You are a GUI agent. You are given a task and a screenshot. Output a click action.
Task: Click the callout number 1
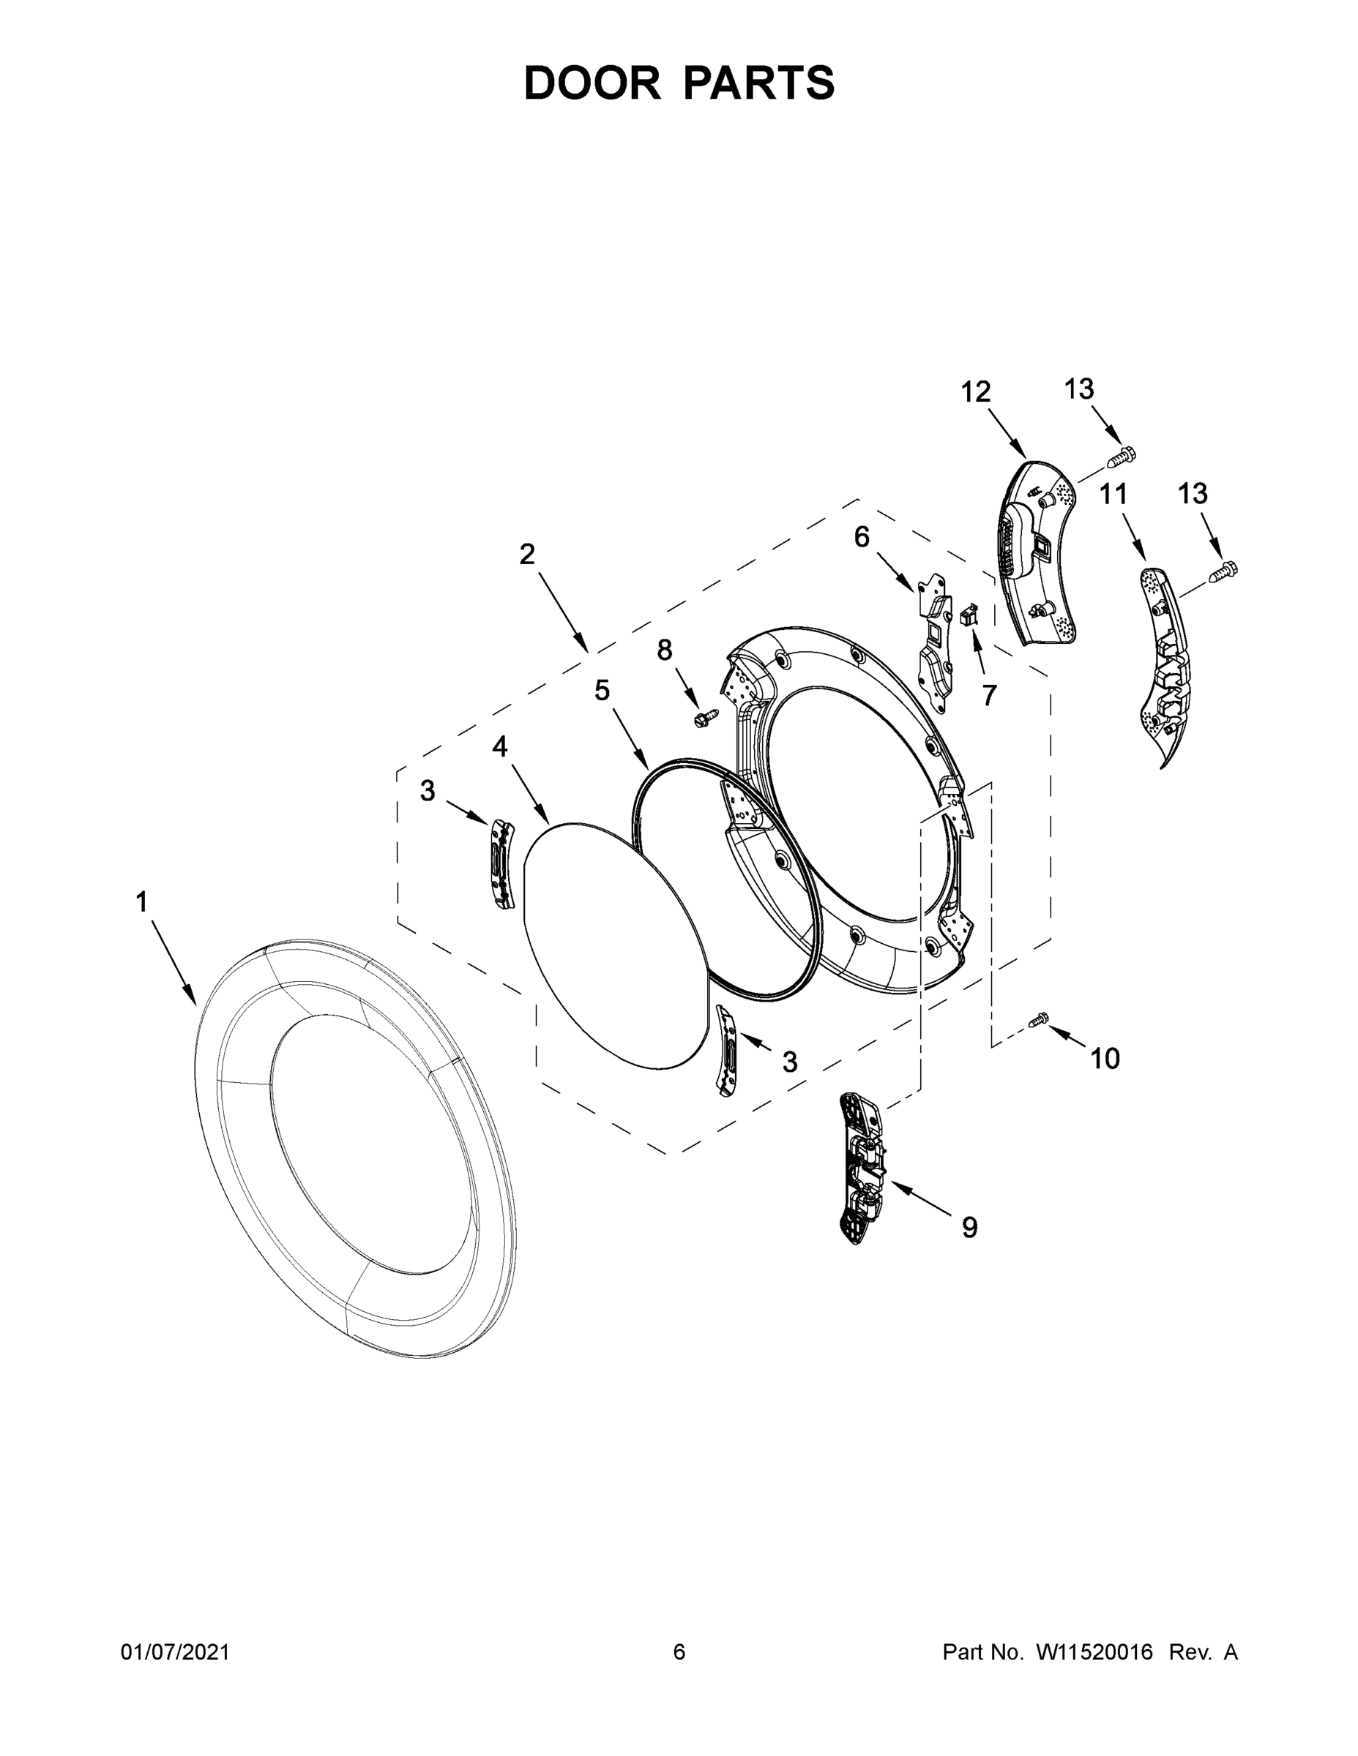click(x=141, y=902)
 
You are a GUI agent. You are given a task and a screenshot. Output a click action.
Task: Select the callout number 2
click(x=527, y=553)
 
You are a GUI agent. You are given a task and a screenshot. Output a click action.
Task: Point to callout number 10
click(x=1105, y=1059)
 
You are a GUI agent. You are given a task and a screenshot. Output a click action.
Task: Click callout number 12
click(x=975, y=392)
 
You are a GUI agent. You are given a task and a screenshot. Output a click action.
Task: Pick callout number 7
click(x=989, y=694)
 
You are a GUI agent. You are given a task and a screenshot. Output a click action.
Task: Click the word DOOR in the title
click(x=592, y=83)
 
